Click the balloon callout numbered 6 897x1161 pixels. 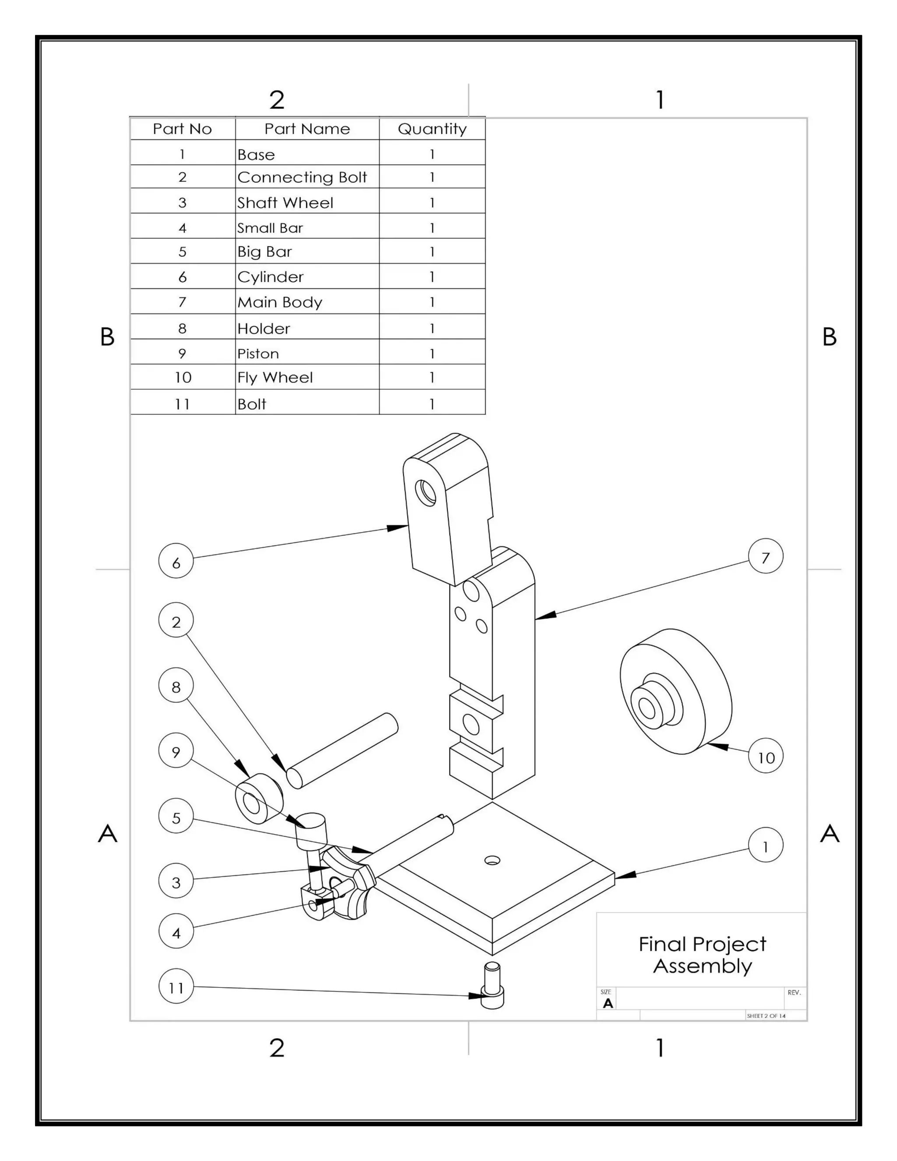point(176,560)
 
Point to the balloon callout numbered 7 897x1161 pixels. point(765,556)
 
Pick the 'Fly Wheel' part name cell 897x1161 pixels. point(307,377)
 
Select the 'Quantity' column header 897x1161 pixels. point(431,129)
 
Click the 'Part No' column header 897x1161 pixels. point(182,129)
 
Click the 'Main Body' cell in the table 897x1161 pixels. point(307,302)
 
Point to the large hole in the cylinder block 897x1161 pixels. point(426,492)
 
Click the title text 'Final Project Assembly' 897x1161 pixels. point(702,955)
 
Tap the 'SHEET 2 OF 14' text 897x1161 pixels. point(766,1016)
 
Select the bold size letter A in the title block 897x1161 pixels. point(607,1003)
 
